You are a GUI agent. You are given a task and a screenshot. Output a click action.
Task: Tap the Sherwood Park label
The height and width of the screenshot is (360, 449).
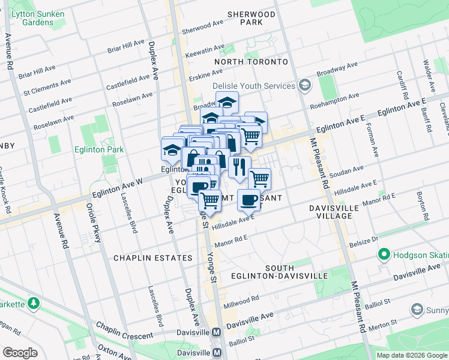[252, 18]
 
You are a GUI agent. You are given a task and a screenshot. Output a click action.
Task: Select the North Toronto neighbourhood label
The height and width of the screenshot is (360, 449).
[252, 62]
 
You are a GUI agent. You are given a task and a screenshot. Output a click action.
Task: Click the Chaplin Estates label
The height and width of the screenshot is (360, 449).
[153, 258]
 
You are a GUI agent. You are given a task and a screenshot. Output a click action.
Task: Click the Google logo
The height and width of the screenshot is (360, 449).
[20, 353]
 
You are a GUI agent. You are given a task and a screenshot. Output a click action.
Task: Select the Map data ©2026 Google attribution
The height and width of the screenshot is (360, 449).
[412, 355]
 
